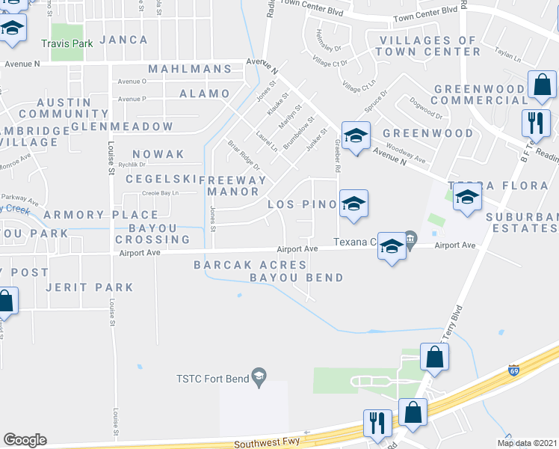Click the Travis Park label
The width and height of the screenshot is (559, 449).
coord(67,43)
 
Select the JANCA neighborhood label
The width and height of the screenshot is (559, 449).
coord(123,40)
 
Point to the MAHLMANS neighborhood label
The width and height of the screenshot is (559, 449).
coord(190,69)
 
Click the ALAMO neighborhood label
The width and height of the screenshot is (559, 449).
coord(204,94)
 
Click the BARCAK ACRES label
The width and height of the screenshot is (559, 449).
coord(250,265)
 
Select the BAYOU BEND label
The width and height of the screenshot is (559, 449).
coord(296,278)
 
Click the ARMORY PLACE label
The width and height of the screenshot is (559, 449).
coord(86,215)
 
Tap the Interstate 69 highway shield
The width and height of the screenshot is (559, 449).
coord(513,370)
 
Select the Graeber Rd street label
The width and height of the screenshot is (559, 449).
coord(338,150)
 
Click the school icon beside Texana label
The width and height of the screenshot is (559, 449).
coord(391,247)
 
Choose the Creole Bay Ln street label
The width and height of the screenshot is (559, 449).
coord(160,193)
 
